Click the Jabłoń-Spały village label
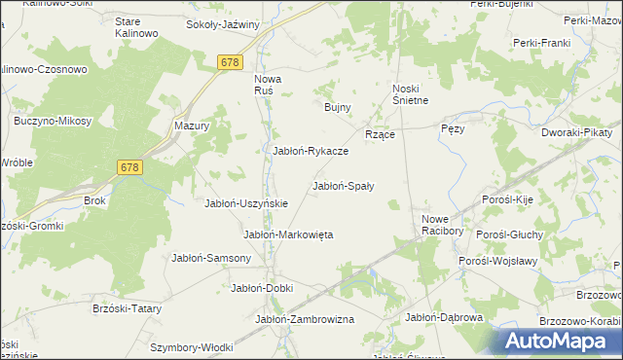pyautogui.click(x=344, y=185)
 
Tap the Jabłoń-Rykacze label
pyautogui.click(x=310, y=151)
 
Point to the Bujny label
pyautogui.click(x=337, y=107)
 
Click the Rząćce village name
pyautogui.click(x=379, y=134)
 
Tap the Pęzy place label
pyautogui.click(x=453, y=128)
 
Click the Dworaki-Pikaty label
pyautogui.click(x=576, y=129)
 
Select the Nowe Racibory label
pyautogui.click(x=442, y=225)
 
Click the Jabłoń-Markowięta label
pyautogui.click(x=288, y=234)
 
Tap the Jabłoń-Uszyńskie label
pyautogui.click(x=245, y=203)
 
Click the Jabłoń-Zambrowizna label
pyautogui.click(x=305, y=319)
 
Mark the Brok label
pyautogui.click(x=94, y=200)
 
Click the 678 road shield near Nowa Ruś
pyautogui.click(x=230, y=62)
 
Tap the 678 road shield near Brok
pyautogui.click(x=130, y=167)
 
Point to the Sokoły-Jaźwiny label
pyautogui.click(x=223, y=24)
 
